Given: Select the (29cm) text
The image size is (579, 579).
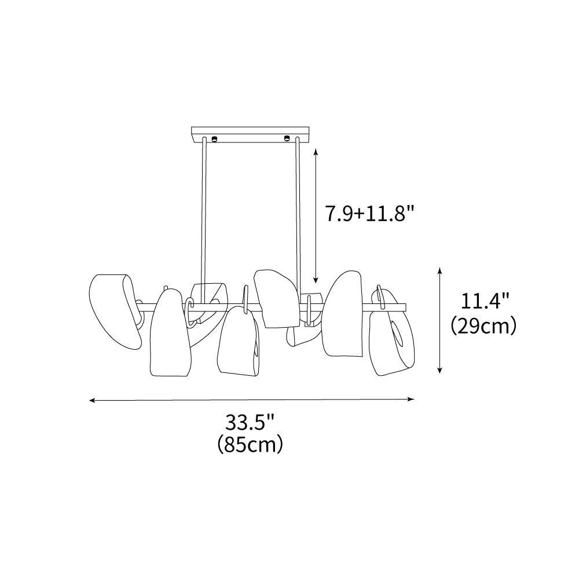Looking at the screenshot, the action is pos(483,325).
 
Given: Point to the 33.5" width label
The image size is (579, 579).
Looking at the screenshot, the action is pos(250,422).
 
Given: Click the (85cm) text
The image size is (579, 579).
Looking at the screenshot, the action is pos(250,444).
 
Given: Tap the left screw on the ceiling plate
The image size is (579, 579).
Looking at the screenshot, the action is pos(214,139).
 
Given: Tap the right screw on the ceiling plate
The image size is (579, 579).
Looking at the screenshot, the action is pos(286,139).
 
